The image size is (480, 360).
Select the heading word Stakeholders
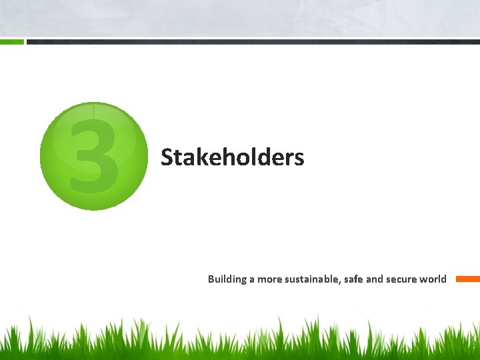[x=232, y=158]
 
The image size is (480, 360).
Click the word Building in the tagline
[x=227, y=279]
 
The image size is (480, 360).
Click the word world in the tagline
[x=433, y=279]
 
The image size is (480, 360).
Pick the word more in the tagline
[x=269, y=279]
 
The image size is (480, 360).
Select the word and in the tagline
[x=375, y=279]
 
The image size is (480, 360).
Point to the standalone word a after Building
[x=252, y=279]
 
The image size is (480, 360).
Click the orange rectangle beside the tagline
[x=467, y=279]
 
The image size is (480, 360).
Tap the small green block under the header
[x=12, y=41]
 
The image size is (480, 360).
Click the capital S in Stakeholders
[x=167, y=158]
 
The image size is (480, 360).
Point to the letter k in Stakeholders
[x=198, y=158]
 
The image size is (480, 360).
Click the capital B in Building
[x=211, y=279]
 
